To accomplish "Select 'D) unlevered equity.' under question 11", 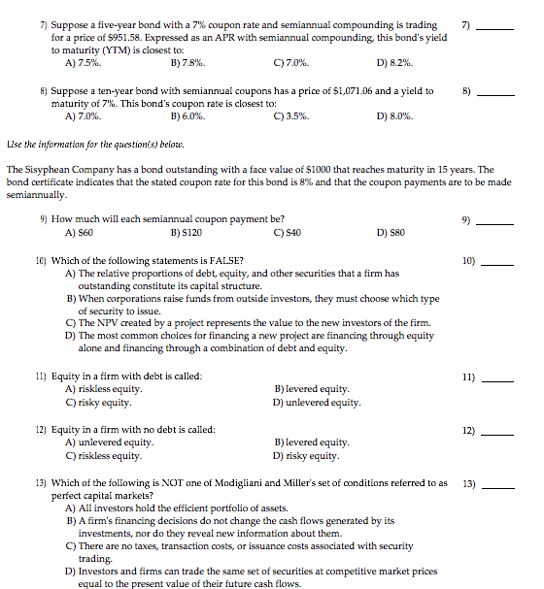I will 318,402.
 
